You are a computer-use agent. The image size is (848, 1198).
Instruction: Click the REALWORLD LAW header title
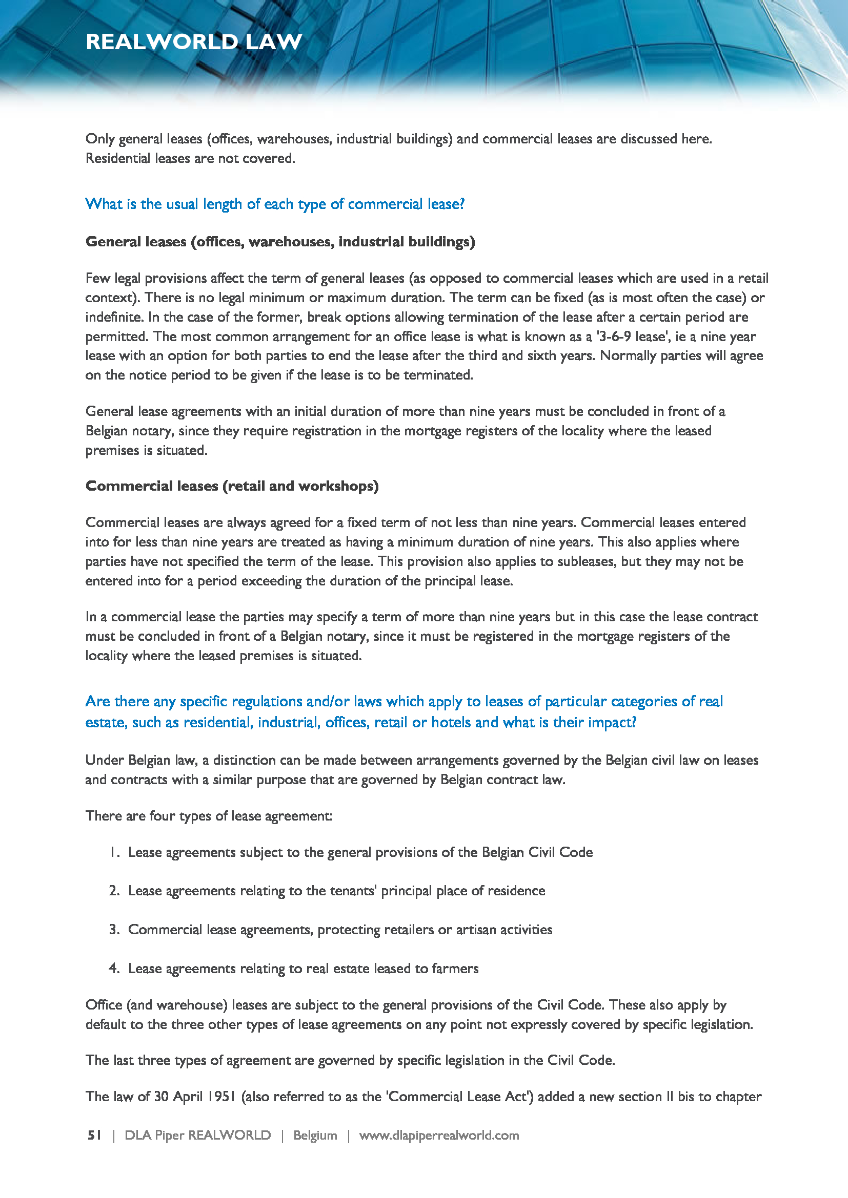pos(194,41)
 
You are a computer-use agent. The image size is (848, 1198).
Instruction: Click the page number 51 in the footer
pos(94,1136)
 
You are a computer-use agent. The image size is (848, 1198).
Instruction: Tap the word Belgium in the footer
pos(315,1136)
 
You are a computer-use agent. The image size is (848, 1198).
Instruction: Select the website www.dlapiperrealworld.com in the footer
pos(439,1136)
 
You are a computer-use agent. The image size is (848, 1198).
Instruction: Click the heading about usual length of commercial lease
pos(275,203)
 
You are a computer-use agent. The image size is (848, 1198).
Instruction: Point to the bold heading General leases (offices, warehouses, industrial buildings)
pos(280,242)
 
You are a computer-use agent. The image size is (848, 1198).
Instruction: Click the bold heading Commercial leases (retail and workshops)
pos(232,486)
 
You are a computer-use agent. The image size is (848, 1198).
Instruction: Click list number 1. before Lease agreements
pos(115,852)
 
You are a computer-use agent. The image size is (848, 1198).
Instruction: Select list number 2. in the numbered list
pos(115,891)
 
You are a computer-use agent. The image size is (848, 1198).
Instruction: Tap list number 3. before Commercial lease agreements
pos(115,929)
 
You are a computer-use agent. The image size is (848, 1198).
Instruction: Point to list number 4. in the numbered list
pos(115,969)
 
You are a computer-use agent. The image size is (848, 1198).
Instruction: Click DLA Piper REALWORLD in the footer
pos(197,1136)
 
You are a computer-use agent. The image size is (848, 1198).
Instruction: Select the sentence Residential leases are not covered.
pos(190,158)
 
